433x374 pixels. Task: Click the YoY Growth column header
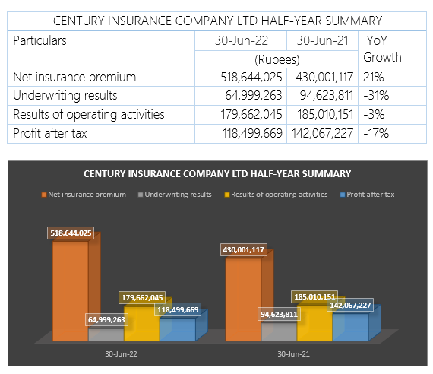point(382,49)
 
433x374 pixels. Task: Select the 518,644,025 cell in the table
point(251,77)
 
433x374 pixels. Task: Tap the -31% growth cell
point(376,95)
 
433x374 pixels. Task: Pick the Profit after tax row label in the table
point(50,133)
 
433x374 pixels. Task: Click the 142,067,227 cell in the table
point(322,133)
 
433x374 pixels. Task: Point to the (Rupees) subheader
point(277,59)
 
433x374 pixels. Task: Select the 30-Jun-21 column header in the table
point(322,40)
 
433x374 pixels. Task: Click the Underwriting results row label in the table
point(65,95)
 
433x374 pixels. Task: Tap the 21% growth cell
point(373,77)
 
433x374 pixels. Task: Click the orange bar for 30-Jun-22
point(71,291)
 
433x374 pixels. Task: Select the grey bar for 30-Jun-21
point(279,331)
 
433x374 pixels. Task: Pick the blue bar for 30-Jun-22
point(178,329)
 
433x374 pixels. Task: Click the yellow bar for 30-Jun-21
point(314,323)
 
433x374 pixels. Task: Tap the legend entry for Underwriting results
point(175,195)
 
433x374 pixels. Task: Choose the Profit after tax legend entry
point(367,195)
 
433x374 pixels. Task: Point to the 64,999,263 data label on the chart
point(106,320)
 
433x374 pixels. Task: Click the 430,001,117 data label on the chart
point(244,250)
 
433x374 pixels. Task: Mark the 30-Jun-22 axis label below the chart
point(121,354)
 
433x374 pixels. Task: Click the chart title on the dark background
point(217,174)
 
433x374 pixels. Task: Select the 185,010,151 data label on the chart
point(314,297)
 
